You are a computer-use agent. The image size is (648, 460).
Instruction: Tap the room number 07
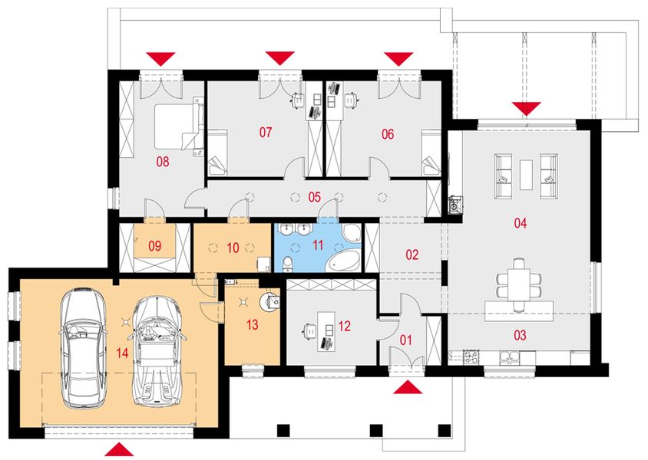[x=266, y=133]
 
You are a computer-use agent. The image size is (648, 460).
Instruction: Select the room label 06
[x=387, y=134]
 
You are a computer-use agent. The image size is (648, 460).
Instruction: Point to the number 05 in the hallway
[x=314, y=196]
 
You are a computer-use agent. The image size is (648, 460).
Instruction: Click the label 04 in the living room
[x=520, y=224]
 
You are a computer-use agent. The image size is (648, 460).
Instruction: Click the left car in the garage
[x=82, y=347]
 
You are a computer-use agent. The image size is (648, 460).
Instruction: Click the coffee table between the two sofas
[x=527, y=173]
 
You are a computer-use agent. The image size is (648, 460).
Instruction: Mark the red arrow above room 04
[x=527, y=107]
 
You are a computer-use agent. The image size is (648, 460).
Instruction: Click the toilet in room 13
[x=269, y=300]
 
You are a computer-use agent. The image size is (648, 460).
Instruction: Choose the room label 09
[x=154, y=246]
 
